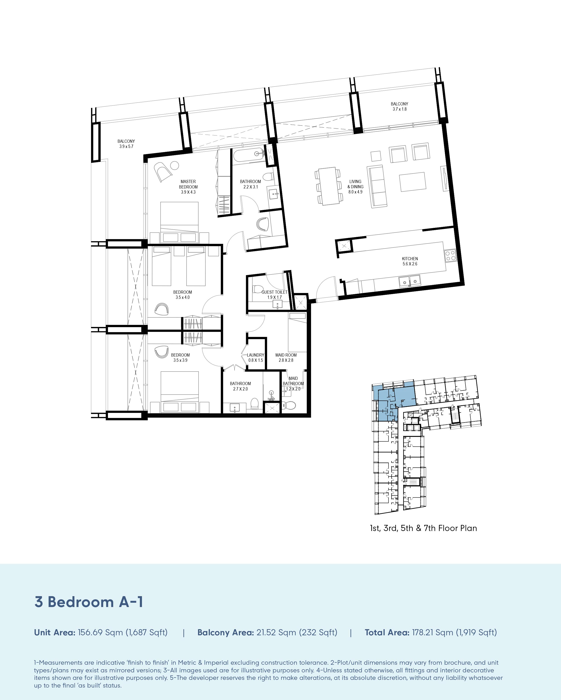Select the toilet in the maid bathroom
click(x=289, y=405)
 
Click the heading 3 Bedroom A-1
click(x=89, y=602)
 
